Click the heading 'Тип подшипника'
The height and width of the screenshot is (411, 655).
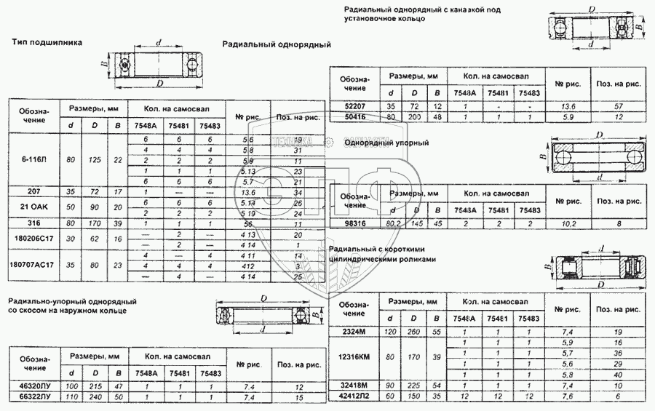point(47,42)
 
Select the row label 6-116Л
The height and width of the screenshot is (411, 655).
point(31,159)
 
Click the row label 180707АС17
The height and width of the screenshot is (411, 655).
point(32,266)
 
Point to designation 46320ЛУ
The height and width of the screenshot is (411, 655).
point(34,388)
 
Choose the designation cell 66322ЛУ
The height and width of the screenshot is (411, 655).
point(34,398)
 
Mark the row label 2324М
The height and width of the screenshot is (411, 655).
point(355,332)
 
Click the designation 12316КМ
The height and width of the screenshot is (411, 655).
point(355,357)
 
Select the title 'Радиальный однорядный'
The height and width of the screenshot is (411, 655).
point(276,44)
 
